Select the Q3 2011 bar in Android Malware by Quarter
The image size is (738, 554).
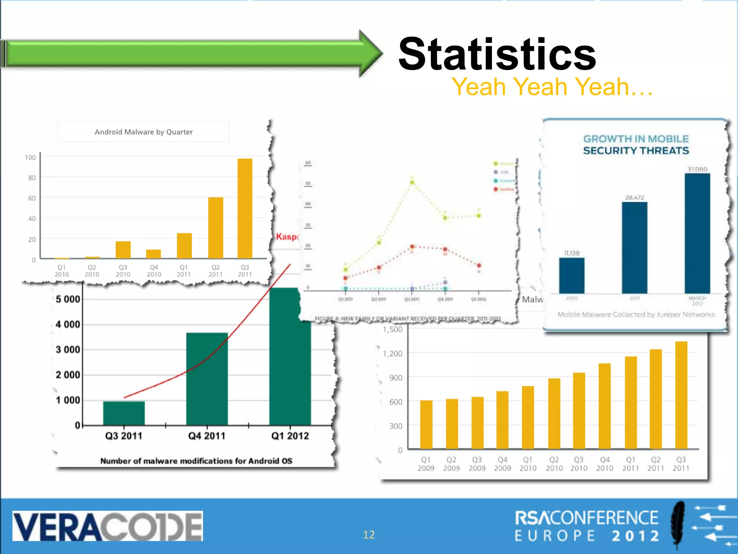[x=245, y=208]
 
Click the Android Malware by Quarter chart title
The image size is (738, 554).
[x=143, y=132]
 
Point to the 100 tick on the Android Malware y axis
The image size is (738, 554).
[x=30, y=158]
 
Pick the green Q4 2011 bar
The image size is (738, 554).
[x=207, y=379]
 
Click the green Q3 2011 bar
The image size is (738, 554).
[x=124, y=413]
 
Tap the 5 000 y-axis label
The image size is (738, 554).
[x=68, y=299]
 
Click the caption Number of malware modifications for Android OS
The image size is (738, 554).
[x=196, y=461]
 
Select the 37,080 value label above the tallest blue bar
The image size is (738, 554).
[x=697, y=169]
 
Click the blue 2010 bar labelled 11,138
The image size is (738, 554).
[x=572, y=276]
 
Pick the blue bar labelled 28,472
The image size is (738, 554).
[x=634, y=247]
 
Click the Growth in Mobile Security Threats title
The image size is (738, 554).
[x=636, y=145]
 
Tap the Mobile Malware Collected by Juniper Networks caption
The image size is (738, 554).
[x=636, y=315]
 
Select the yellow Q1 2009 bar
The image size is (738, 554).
[x=426, y=425]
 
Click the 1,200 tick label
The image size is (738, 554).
[x=392, y=353]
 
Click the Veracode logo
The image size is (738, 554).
[x=107, y=526]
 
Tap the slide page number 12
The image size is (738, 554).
[x=369, y=535]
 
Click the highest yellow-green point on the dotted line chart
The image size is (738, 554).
[x=412, y=182]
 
